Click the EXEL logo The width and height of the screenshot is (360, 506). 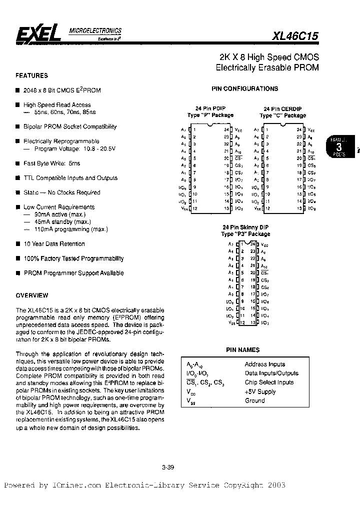click(38, 34)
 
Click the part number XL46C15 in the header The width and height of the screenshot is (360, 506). click(295, 36)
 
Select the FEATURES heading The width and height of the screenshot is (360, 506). click(32, 76)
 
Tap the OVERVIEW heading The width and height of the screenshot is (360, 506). click(32, 295)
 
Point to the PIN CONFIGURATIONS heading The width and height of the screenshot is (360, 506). click(245, 89)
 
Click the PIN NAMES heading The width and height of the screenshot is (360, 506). click(243, 350)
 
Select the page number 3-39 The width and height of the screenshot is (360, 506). click(168, 468)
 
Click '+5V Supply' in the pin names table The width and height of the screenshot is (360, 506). click(260, 391)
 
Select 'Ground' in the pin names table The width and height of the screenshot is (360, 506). click(254, 400)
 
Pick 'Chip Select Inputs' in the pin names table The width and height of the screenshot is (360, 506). click(269, 382)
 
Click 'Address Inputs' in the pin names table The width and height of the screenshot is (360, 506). click(264, 364)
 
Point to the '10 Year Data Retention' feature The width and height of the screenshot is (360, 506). click(54, 244)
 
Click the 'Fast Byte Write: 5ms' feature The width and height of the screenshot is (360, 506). click(51, 163)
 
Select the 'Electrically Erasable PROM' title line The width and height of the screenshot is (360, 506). click(267, 67)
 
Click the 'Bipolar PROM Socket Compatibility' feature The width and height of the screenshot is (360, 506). click(70, 127)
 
